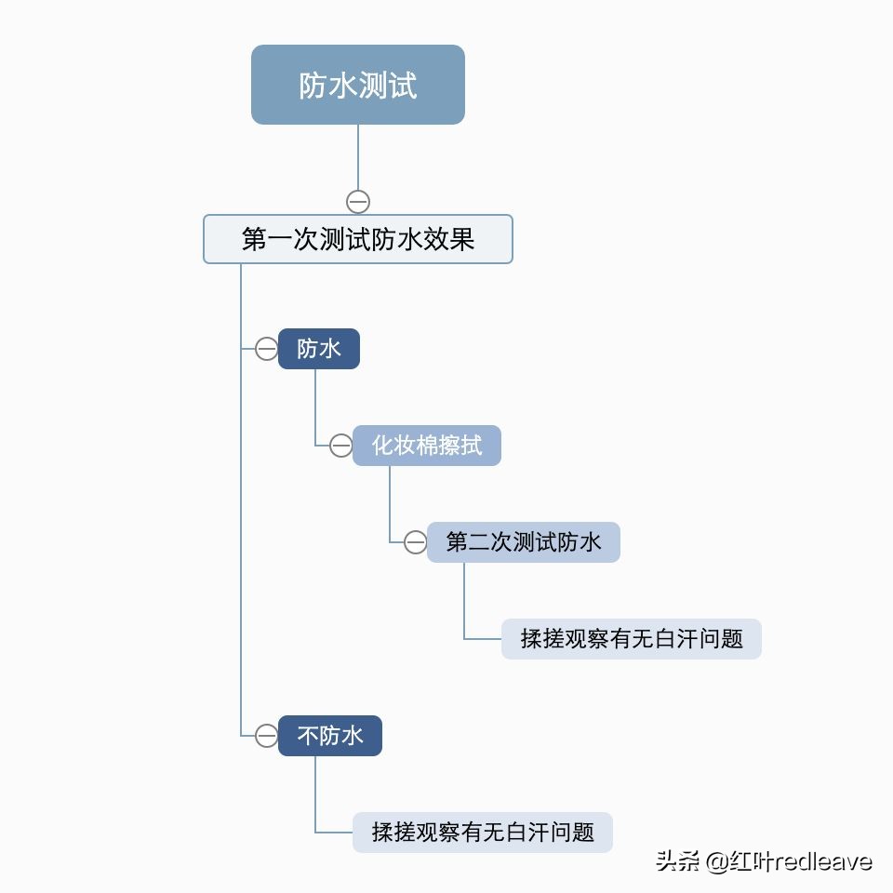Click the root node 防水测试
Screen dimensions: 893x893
coord(357,85)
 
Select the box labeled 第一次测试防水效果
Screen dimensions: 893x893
coord(357,239)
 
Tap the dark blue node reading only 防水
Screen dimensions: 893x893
coord(318,349)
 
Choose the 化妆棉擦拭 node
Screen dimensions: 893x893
coord(426,446)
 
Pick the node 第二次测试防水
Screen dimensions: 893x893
coord(523,542)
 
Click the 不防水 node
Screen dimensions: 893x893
coord(329,736)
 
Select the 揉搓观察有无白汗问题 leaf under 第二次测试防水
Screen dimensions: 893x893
coord(631,639)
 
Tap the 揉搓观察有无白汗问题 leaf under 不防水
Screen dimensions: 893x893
coord(482,833)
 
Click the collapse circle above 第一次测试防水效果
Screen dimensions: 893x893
coord(358,201)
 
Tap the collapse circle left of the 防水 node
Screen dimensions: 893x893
coord(266,349)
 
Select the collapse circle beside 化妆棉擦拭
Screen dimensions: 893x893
coord(340,446)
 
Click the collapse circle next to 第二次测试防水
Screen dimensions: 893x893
coord(415,542)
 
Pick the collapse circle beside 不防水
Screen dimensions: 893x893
coord(266,736)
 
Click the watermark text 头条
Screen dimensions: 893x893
coord(677,860)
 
